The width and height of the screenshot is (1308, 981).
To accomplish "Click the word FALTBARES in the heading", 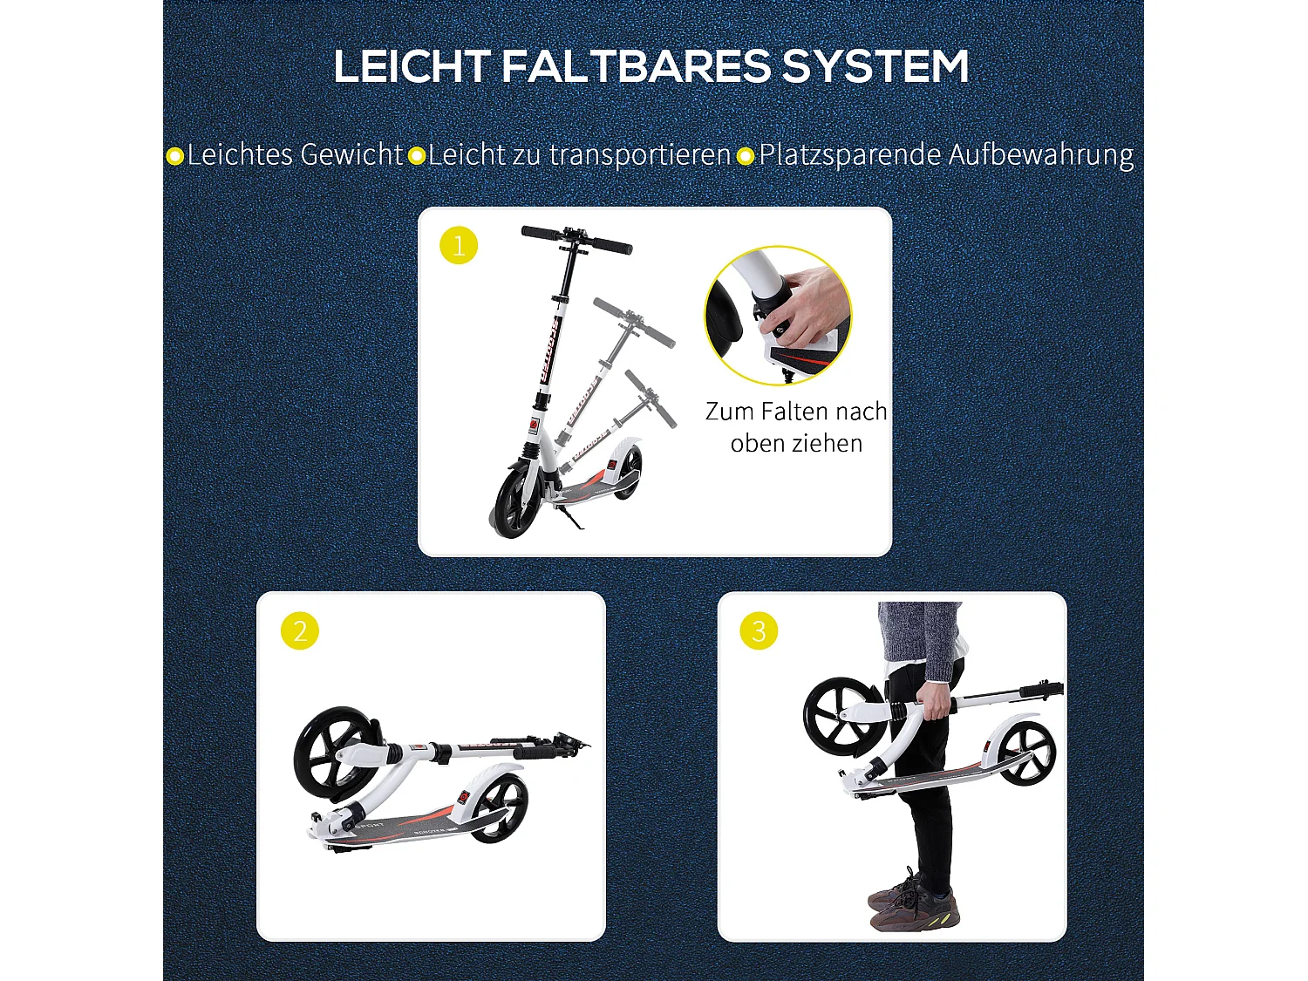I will coord(637,67).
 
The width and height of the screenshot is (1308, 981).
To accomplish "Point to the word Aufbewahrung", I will coord(1040,156).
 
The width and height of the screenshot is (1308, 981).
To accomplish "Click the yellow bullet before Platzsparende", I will coord(746,157).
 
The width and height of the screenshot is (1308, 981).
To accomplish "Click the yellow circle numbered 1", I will coord(459,246).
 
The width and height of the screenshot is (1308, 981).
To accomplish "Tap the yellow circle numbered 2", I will coord(300,630).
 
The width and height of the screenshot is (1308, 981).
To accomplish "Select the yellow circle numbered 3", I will coord(759,630).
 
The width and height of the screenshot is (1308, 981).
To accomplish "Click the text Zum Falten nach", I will coord(795,412).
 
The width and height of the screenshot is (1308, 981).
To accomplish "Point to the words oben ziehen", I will coord(796,444).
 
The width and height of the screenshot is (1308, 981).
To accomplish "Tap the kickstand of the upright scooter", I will coord(571,521).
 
